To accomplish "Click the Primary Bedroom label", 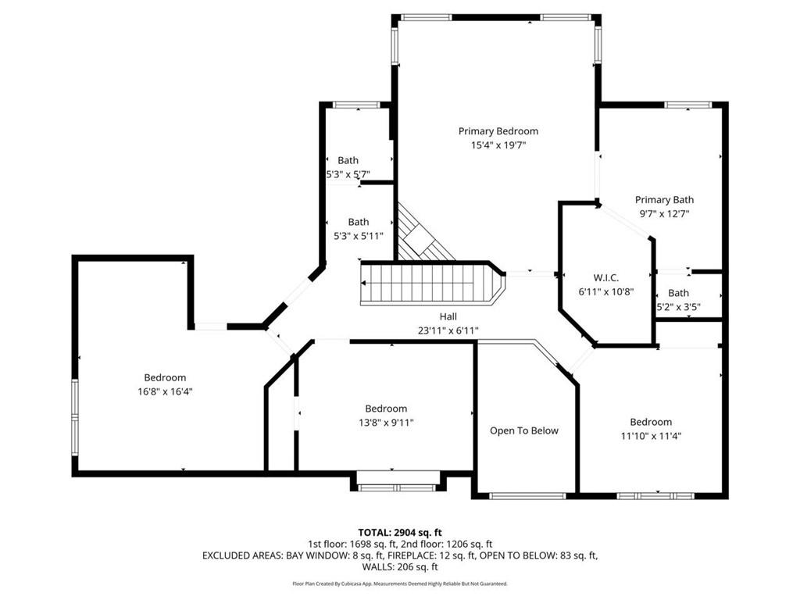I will [498, 131].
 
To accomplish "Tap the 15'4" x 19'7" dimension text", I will [498, 145].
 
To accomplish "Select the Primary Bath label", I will [664, 199].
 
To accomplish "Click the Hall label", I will [448, 316].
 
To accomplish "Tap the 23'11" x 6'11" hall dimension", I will [448, 330].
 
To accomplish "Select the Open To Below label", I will [524, 430].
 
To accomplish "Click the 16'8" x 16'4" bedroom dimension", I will [165, 391].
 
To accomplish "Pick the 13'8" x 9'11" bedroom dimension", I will [386, 423].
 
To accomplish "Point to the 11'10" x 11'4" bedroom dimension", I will [651, 436].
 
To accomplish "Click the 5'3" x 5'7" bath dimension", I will [348, 174].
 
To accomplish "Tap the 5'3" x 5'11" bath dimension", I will [358, 236].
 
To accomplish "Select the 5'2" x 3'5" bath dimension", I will [678, 307].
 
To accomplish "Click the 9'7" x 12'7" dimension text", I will [664, 213].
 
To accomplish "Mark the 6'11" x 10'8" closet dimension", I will [605, 291].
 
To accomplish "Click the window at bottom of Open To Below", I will [527, 495].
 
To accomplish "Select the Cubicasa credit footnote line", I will [400, 584].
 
